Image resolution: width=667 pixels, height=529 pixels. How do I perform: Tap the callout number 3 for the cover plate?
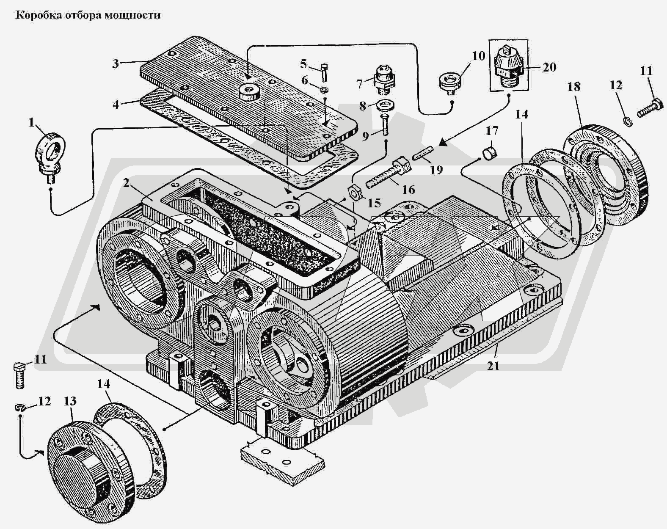click(116, 64)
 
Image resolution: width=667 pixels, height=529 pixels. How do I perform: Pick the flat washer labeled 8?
click(384, 105)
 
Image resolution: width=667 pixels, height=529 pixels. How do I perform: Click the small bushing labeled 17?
click(490, 151)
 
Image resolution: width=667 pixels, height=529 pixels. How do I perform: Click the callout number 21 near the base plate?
click(493, 366)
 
